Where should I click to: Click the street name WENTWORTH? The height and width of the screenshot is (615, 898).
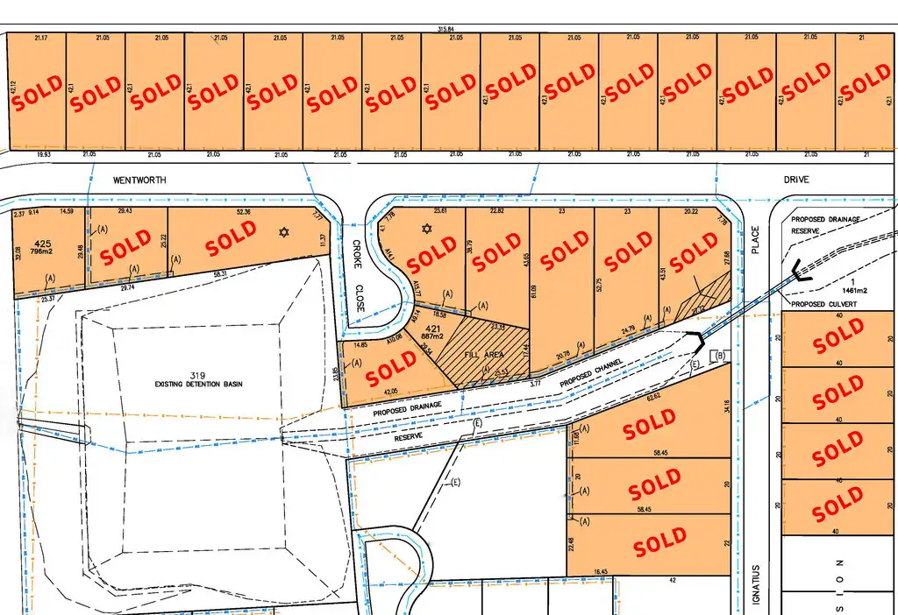pos(139,180)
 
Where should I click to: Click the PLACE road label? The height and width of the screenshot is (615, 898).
pos(754,241)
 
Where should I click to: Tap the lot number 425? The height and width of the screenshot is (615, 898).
pos(39,244)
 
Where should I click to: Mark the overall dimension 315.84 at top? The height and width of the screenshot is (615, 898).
pos(448,30)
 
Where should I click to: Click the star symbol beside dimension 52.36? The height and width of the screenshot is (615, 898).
pos(282,232)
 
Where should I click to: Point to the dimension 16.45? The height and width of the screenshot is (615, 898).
pos(601,572)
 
